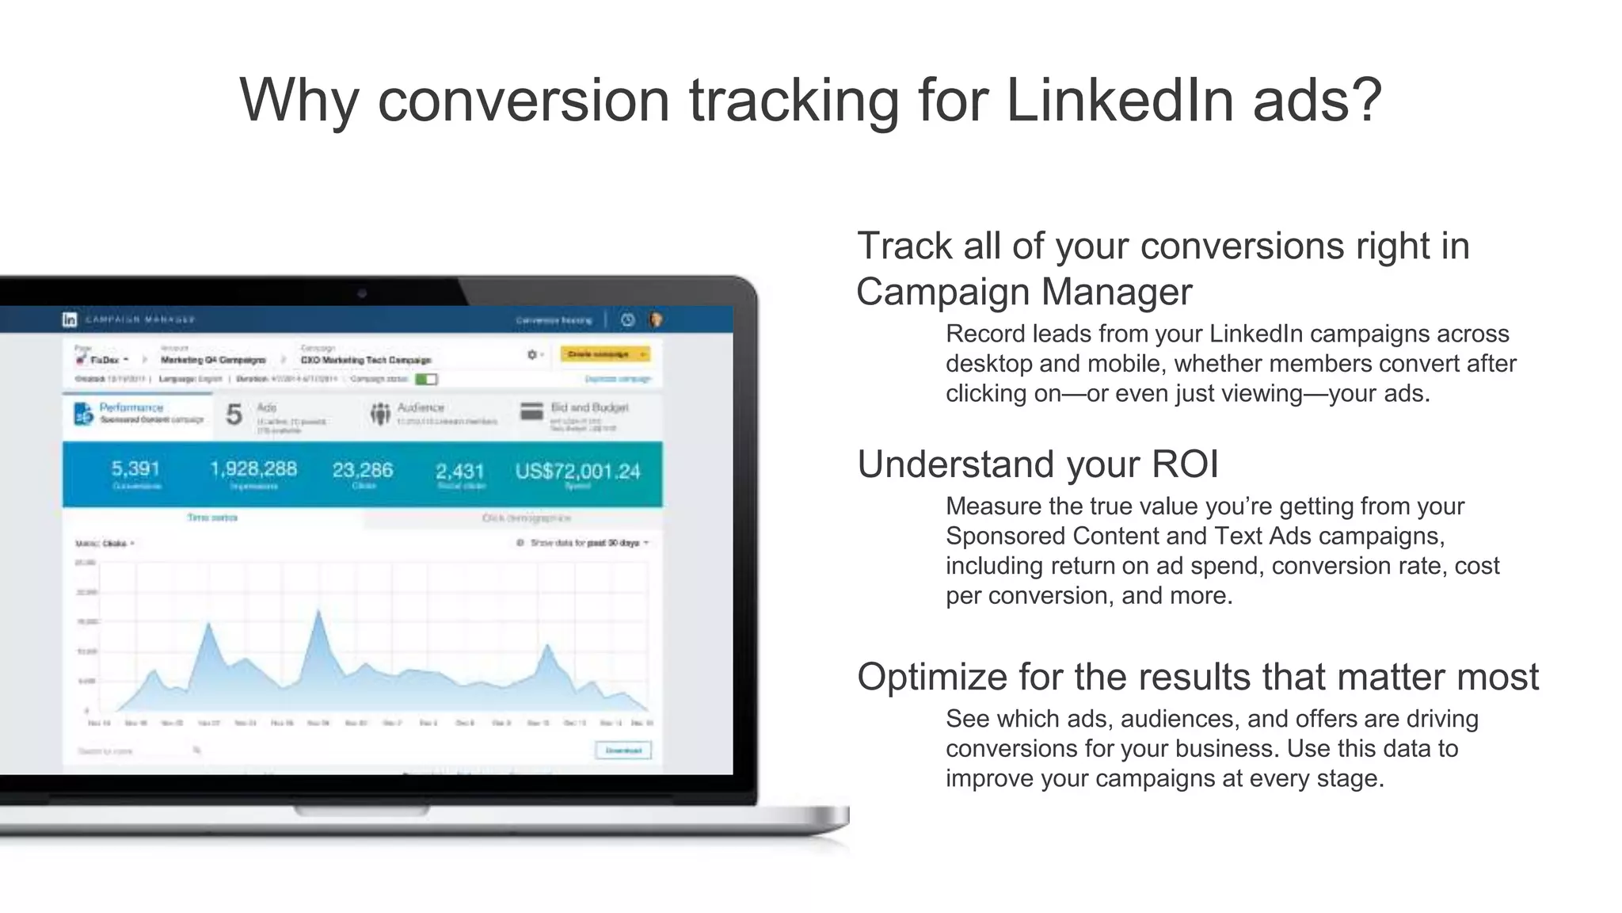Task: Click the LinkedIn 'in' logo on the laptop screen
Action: [70, 319]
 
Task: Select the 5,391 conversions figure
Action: [135, 469]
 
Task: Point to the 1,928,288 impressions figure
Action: [253, 469]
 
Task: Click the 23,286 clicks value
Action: [363, 470]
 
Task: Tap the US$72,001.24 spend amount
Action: [577, 472]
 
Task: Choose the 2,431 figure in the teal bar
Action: [460, 472]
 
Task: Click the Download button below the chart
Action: [623, 750]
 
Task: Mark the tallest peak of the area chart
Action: [319, 611]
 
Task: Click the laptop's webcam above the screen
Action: [362, 294]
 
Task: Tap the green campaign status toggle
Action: [426, 379]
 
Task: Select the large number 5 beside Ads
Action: [234, 414]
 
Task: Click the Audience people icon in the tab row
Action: [380, 413]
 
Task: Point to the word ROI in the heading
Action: [1185, 464]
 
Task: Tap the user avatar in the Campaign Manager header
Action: [656, 319]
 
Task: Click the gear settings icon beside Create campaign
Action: [532, 354]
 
